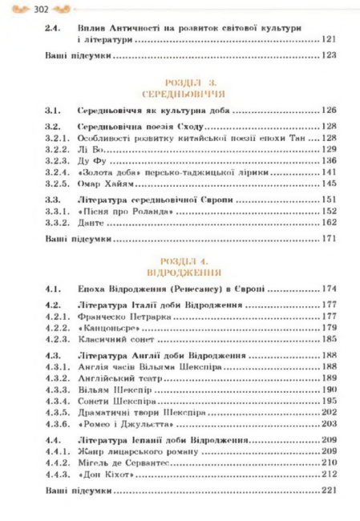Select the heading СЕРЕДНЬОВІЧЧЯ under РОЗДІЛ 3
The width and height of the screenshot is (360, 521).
point(185,93)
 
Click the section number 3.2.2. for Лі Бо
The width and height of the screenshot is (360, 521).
point(58,149)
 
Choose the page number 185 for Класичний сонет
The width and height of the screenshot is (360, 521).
point(328,339)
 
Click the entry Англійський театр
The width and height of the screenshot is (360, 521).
point(123,377)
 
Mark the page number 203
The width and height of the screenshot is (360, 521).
point(328,422)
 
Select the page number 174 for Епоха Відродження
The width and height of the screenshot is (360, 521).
point(328,287)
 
